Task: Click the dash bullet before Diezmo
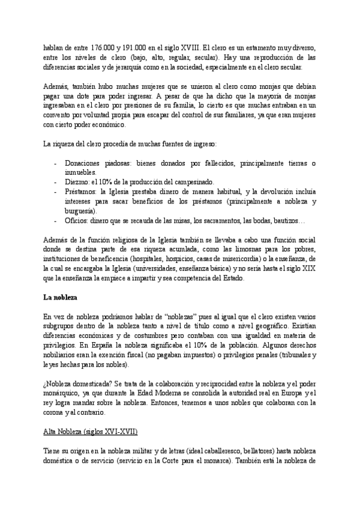55,182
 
